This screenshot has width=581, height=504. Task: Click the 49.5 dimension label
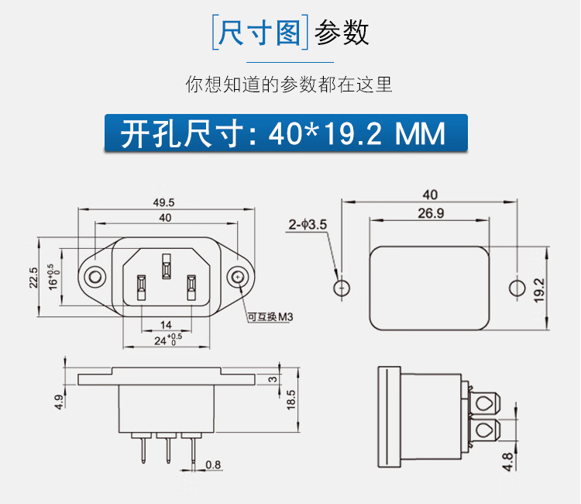pyautogui.click(x=164, y=202)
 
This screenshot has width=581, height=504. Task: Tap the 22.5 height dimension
pyautogui.click(x=33, y=277)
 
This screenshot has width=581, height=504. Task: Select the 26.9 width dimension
pyautogui.click(x=430, y=213)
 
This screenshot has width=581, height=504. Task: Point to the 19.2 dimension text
pyautogui.click(x=539, y=288)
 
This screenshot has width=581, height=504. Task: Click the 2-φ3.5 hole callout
pyautogui.click(x=308, y=225)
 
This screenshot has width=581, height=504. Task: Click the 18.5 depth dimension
pyautogui.click(x=290, y=400)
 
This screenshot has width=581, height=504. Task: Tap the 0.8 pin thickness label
pyautogui.click(x=211, y=465)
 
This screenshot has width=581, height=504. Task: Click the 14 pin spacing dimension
pyautogui.click(x=165, y=324)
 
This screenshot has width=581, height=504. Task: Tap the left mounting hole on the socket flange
pyautogui.click(x=95, y=277)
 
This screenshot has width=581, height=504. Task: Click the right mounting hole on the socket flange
pyautogui.click(x=236, y=277)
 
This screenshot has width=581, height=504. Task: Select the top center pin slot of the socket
pyautogui.click(x=165, y=264)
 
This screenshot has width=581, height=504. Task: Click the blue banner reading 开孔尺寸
pyautogui.click(x=287, y=133)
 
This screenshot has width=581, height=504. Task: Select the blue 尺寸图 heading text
pyautogui.click(x=260, y=33)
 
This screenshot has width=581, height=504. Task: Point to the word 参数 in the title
pyautogui.click(x=342, y=33)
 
